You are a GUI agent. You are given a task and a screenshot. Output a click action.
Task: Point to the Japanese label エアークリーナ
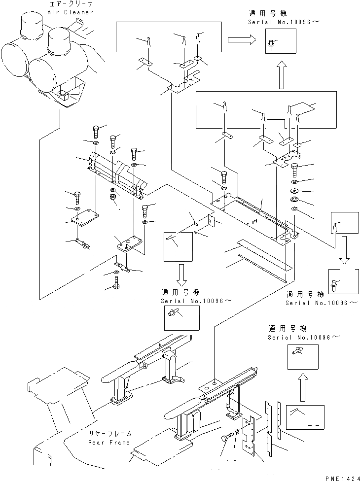pos(70,4)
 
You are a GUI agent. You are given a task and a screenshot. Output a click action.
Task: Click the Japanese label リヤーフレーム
pos(110,434)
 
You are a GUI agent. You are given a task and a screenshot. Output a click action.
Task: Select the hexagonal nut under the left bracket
pos(113,197)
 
